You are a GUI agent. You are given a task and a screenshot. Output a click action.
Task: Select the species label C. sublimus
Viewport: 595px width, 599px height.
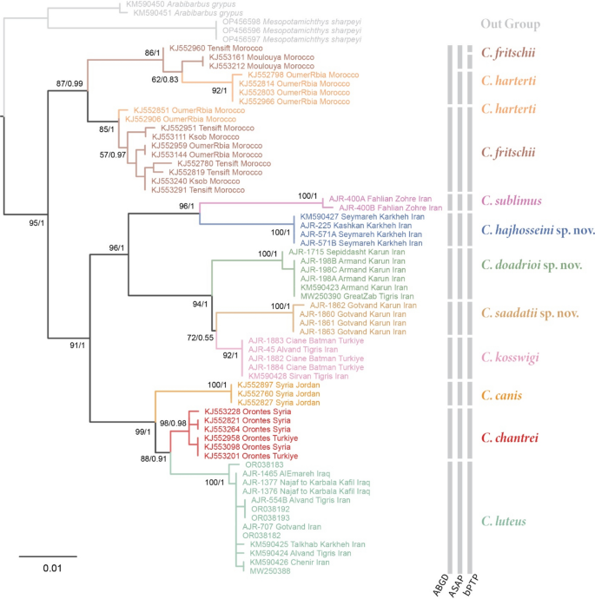pos(513,201)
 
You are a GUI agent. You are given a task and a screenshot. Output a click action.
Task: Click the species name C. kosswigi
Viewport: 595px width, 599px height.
pos(514,358)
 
